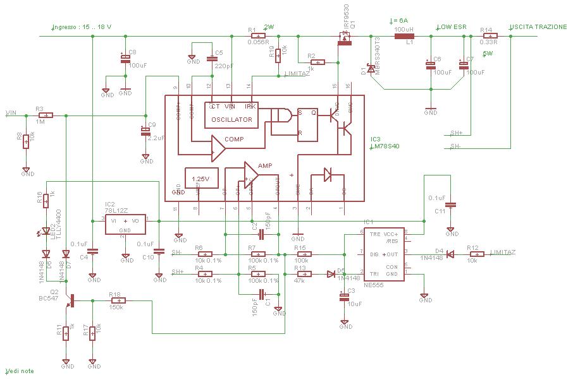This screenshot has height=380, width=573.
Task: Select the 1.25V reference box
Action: [201, 179]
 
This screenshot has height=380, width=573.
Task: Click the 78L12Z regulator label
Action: [117, 211]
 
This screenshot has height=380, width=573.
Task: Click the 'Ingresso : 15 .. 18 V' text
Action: [86, 28]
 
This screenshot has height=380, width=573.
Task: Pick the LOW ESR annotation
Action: [452, 27]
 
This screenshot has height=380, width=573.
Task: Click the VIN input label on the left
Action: [11, 113]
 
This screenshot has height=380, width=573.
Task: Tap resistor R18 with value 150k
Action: [118, 301]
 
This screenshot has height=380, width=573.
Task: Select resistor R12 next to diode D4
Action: [477, 254]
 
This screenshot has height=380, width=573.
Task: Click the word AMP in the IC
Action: [265, 165]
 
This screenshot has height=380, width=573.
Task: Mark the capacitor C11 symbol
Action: [451, 205]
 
